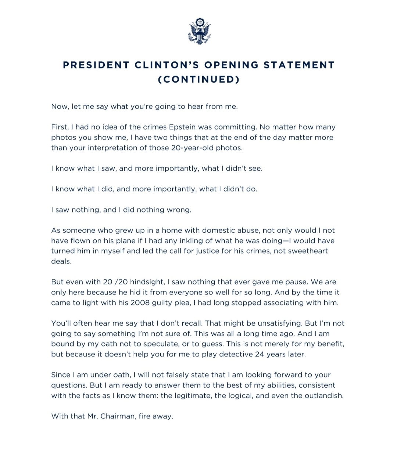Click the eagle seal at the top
point(199,31)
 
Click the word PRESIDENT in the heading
point(96,65)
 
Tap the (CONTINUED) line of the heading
point(198,79)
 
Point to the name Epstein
point(182,127)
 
